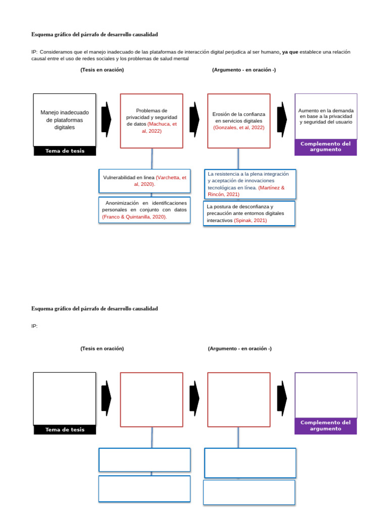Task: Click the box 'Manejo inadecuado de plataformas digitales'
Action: (64, 120)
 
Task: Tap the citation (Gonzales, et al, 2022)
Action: (238, 128)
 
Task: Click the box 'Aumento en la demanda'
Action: (326, 116)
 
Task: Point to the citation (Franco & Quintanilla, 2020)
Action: (134, 217)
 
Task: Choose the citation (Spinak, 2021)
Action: (250, 221)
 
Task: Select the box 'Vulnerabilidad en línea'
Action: (144, 181)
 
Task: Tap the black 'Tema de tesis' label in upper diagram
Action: (65, 151)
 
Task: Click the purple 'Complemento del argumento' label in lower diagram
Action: (325, 426)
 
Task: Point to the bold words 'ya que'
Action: (289, 52)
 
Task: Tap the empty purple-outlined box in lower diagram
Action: (326, 395)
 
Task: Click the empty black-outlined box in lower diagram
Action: (64, 398)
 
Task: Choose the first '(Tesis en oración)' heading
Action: (102, 70)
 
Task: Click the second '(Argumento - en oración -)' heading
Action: (239, 348)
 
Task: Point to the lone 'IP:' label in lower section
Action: (34, 326)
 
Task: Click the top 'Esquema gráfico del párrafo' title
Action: (94, 34)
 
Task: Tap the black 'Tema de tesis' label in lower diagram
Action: (65, 430)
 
